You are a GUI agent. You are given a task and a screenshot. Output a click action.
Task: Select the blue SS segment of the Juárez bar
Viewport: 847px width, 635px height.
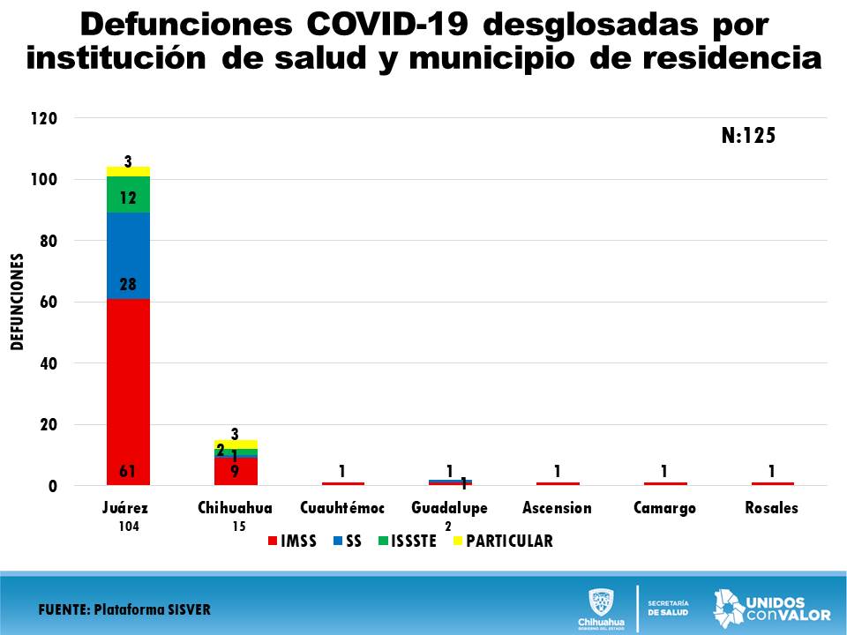click(x=128, y=256)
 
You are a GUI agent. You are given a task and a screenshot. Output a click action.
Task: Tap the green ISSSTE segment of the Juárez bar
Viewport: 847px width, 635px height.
click(x=128, y=194)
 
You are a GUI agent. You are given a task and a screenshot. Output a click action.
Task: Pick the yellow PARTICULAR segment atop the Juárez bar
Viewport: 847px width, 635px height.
click(x=128, y=171)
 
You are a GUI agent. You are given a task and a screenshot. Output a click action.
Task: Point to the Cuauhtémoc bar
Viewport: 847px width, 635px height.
click(x=342, y=483)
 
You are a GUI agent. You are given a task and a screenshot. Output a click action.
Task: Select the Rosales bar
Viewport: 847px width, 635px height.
click(x=772, y=483)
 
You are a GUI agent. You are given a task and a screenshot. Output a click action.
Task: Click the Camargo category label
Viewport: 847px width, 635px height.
click(x=664, y=508)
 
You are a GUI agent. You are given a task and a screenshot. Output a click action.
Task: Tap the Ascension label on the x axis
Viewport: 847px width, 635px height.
click(x=557, y=508)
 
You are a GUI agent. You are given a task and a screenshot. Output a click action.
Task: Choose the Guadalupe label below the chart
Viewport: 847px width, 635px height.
click(x=449, y=508)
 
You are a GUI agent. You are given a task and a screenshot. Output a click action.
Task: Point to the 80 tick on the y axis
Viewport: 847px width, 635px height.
click(x=47, y=241)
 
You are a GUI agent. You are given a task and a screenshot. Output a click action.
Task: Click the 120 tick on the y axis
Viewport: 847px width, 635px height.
click(x=43, y=118)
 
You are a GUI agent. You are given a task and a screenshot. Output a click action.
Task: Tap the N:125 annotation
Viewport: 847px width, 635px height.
click(x=746, y=136)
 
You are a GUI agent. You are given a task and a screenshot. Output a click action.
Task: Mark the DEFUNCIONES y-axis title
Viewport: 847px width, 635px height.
click(x=17, y=302)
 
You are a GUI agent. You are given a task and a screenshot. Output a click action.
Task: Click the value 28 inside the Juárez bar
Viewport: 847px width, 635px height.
click(x=128, y=285)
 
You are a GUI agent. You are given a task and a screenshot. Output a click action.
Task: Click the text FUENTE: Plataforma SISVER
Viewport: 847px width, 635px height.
click(x=124, y=609)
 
